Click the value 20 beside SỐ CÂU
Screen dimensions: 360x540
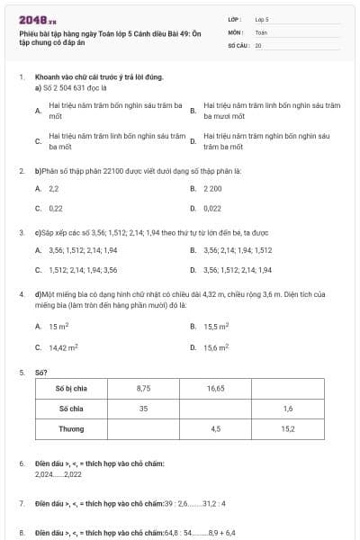pos(258,44)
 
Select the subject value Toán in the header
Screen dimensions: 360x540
pos(261,31)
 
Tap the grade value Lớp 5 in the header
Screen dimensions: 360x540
pos(262,18)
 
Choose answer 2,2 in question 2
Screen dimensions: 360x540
pos(54,189)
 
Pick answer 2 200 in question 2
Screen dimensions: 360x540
pos(212,189)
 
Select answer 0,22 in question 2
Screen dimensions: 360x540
pos(56,208)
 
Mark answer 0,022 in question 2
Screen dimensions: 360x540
pos(212,208)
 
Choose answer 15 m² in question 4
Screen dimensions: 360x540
pos(58,327)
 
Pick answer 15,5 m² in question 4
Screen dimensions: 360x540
pos(216,327)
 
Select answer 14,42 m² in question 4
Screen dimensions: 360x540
pos(63,346)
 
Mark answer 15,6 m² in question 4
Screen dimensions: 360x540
pos(216,346)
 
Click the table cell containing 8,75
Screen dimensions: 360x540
pos(143,389)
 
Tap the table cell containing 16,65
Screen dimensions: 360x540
pos(215,389)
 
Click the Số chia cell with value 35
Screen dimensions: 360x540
pos(143,409)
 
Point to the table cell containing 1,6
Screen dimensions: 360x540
pos(288,409)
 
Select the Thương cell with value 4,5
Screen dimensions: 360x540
pos(215,428)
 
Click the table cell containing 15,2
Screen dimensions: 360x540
pos(288,428)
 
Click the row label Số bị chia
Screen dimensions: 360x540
pos(71,389)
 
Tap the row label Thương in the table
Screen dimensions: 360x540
pos(71,428)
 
